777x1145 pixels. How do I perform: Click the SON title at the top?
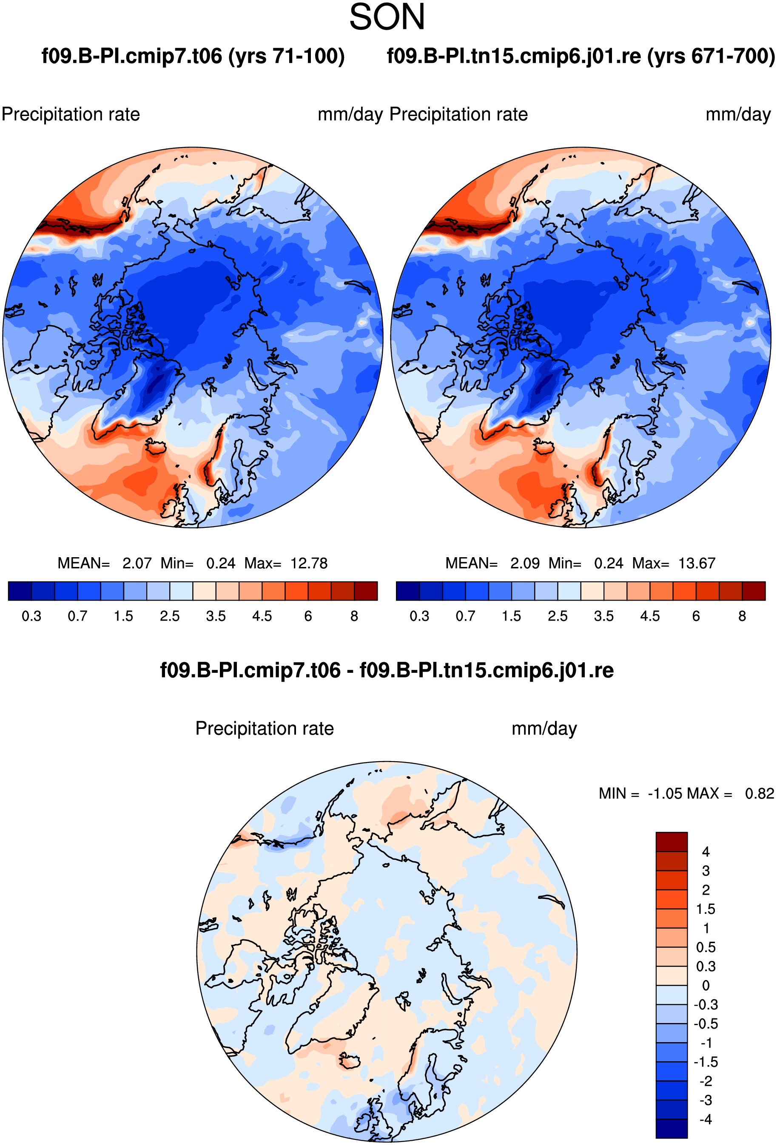(387, 17)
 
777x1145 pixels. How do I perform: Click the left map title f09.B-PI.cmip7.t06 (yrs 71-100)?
(193, 56)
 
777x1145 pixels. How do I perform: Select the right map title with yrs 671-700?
(581, 56)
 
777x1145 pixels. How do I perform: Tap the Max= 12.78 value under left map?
(286, 563)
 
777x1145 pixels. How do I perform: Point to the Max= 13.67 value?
(674, 563)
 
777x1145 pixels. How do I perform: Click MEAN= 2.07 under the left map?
(105, 563)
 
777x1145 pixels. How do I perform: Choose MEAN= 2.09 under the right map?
(492, 563)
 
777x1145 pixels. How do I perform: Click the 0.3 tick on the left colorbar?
(31, 616)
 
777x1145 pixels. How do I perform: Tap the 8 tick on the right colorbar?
(742, 616)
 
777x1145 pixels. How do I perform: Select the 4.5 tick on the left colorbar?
(262, 616)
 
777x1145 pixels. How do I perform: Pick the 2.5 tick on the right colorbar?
(558, 616)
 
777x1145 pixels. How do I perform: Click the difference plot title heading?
(387, 670)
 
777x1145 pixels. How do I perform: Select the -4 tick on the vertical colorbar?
(706, 1119)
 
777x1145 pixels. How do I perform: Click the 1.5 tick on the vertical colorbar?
(706, 909)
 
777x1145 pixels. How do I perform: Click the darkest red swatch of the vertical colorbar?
(672, 842)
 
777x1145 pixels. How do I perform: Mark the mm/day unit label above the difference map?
(544, 728)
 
